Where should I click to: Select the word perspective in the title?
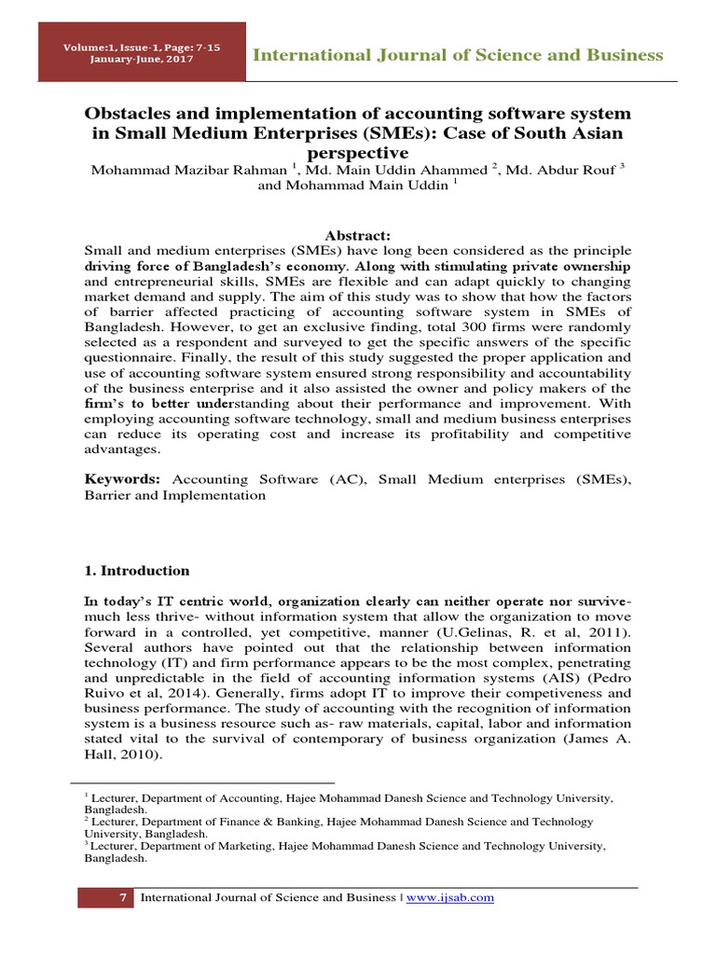(x=357, y=152)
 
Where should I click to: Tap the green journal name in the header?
(x=459, y=54)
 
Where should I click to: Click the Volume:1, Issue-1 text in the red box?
(x=143, y=47)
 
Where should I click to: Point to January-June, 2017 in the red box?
(x=143, y=59)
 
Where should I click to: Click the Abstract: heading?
(x=357, y=236)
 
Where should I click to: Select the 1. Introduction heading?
(x=137, y=571)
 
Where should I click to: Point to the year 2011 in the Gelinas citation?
(x=608, y=632)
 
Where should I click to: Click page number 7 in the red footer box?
(x=121, y=897)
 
